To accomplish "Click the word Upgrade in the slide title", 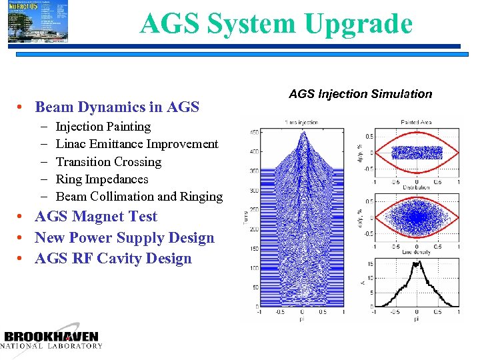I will (x=359, y=24).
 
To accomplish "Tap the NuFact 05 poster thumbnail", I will (x=37, y=21).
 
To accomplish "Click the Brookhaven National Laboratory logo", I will (x=52, y=339).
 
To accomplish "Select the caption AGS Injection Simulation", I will (x=360, y=94).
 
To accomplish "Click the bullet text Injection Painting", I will (x=103, y=127).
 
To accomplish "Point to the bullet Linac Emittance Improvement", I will (x=137, y=144).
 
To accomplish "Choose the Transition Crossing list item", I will (x=109, y=162).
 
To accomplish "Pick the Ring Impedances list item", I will (x=102, y=179).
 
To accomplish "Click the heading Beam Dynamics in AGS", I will (x=117, y=107).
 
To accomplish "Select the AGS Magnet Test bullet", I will (x=96, y=217).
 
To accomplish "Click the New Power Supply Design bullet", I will (x=125, y=238).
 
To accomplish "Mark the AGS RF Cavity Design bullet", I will (x=113, y=259).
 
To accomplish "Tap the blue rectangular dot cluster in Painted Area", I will (x=417, y=153).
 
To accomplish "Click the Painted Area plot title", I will (x=417, y=122).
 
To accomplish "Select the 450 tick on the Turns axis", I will (x=254, y=132).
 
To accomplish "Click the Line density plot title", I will (x=417, y=252).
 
